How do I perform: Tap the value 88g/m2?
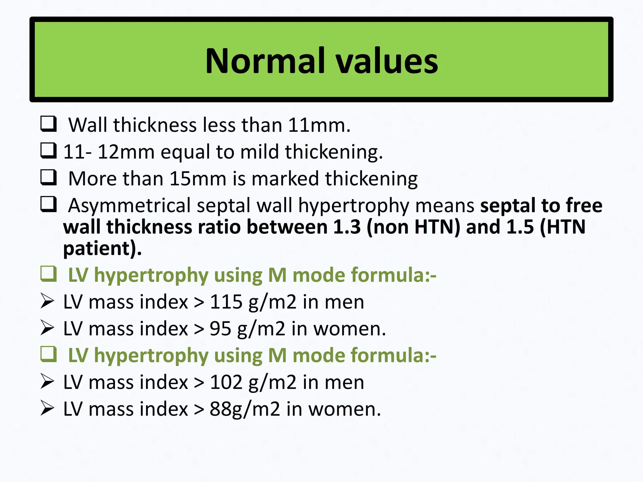point(245,409)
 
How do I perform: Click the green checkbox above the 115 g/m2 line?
point(49,274)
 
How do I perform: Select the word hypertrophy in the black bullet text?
point(354,206)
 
